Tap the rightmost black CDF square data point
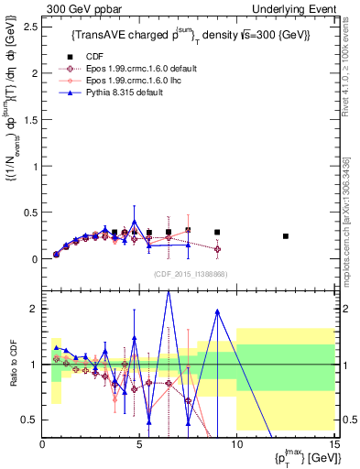(286, 236)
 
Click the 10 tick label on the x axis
(236, 444)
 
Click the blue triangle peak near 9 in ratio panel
(217, 311)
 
